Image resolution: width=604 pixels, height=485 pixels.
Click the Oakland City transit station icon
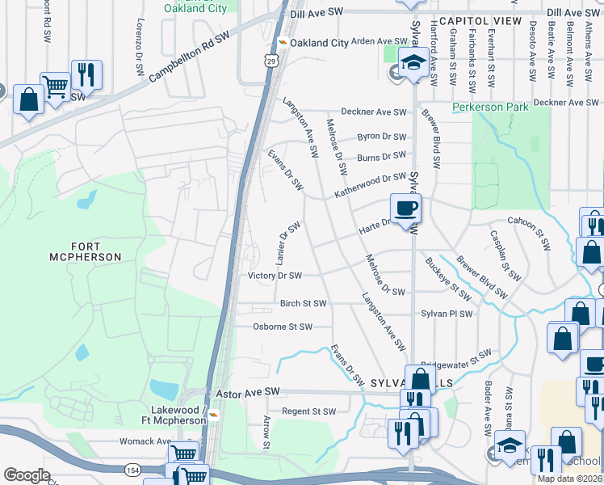(283, 43)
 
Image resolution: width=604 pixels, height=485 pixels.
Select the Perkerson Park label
(490, 107)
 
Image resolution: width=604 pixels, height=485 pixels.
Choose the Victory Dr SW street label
(275, 276)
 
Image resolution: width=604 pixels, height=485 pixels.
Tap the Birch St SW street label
(303, 304)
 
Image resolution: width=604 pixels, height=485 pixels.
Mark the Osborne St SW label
(283, 327)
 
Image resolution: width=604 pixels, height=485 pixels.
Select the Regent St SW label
(308, 411)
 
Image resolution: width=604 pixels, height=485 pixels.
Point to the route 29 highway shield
(271, 61)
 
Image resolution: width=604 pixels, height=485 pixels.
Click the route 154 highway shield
(132, 470)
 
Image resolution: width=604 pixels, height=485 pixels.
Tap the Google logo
(27, 475)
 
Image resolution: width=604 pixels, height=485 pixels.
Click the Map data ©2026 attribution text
(569, 479)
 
